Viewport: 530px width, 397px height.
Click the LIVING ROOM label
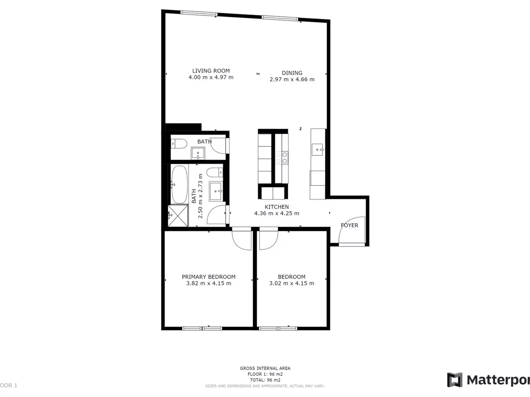(211, 71)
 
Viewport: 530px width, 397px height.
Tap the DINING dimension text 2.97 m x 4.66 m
(292, 79)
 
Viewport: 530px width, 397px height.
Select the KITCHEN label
(277, 207)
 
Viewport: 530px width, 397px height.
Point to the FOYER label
(349, 225)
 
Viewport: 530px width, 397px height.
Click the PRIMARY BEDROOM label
(208, 277)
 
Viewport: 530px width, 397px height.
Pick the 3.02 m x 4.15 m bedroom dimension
(291, 283)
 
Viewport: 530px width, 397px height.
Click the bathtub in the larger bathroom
(179, 184)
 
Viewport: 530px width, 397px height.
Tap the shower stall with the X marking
(178, 216)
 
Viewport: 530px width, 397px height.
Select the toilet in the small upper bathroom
(179, 144)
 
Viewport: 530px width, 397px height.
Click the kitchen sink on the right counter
(317, 150)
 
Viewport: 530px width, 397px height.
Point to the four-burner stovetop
(282, 158)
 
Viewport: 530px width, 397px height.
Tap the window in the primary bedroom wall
(202, 328)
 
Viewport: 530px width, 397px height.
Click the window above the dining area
(280, 18)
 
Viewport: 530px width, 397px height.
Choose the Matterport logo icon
(454, 380)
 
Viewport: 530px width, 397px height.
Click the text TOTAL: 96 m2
(265, 380)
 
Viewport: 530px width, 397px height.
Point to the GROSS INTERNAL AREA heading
(265, 368)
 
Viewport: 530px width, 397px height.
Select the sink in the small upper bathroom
(198, 154)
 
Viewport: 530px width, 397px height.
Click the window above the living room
(199, 14)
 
